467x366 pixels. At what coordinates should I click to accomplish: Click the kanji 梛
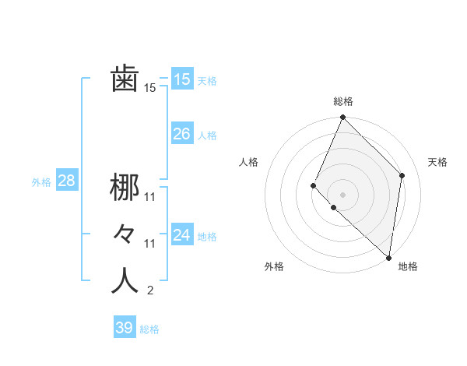(x=125, y=187)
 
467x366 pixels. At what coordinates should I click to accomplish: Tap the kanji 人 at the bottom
(x=125, y=280)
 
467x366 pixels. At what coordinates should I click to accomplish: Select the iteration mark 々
(x=125, y=234)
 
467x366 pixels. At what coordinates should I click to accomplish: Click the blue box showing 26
(x=181, y=134)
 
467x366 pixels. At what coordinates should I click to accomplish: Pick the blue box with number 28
(x=66, y=181)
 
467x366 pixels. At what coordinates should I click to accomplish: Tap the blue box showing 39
(x=124, y=328)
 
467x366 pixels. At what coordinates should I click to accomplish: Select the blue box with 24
(x=181, y=235)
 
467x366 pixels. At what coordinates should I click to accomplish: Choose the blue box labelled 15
(x=181, y=79)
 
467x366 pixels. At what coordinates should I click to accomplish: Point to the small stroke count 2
(x=150, y=291)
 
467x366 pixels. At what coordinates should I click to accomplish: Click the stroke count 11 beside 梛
(x=150, y=196)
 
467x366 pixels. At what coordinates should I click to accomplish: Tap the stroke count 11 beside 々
(x=150, y=244)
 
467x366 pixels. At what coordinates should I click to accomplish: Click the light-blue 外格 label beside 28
(x=41, y=182)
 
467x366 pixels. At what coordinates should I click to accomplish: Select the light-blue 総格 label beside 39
(x=149, y=329)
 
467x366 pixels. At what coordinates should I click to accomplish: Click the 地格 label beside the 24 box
(x=207, y=237)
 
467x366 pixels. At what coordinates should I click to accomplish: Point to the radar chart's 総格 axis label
(x=342, y=101)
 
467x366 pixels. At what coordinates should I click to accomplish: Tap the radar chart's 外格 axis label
(x=274, y=266)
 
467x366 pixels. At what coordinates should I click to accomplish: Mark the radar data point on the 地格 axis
(x=388, y=258)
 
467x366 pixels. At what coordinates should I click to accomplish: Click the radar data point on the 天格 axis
(x=402, y=175)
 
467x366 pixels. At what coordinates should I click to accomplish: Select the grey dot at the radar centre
(x=342, y=195)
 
